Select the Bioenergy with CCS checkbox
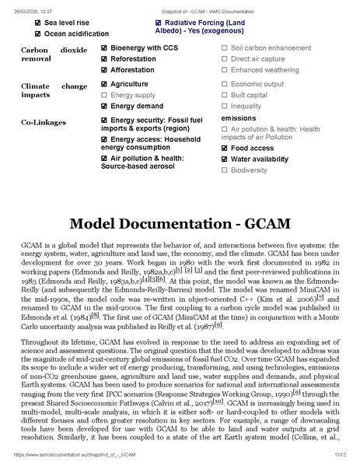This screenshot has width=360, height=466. click(x=105, y=48)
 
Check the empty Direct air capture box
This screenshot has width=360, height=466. click(x=225, y=59)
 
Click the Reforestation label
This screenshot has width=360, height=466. click(x=133, y=59)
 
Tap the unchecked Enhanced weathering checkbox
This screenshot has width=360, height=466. click(x=225, y=70)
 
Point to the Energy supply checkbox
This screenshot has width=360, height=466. click(x=105, y=95)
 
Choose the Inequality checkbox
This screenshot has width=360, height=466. click(x=225, y=106)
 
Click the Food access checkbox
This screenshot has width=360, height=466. click(x=225, y=148)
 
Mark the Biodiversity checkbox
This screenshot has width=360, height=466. click(x=225, y=170)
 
